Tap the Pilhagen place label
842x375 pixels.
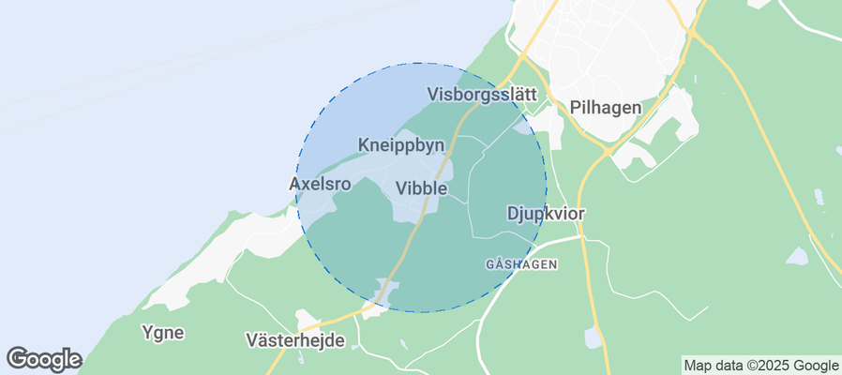[605, 108]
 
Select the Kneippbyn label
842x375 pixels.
[400, 145]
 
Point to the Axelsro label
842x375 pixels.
[320, 185]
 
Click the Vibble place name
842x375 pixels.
[422, 188]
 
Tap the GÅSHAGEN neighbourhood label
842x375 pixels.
[521, 265]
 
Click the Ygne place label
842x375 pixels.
[162, 332]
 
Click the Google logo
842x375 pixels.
[44, 358]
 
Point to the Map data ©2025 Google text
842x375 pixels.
[760, 366]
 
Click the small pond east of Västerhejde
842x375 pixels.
[594, 337]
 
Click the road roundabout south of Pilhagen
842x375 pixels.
[608, 150]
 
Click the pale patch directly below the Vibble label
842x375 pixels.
[409, 212]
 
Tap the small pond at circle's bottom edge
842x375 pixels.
[383, 293]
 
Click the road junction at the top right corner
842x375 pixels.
[691, 33]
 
